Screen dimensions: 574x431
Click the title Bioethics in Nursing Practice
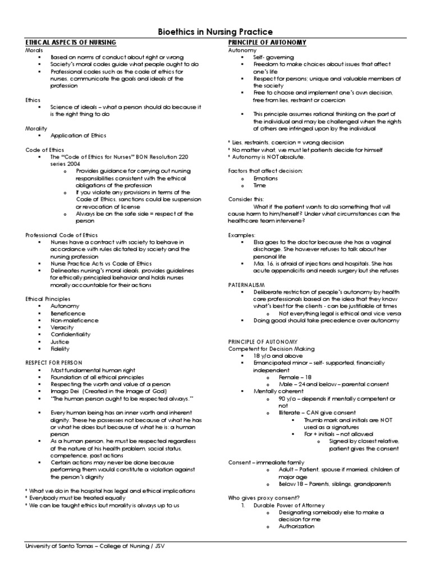click(x=215, y=32)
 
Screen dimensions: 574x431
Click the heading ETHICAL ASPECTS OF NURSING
click(x=71, y=43)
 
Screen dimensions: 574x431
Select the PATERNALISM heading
click(x=246, y=285)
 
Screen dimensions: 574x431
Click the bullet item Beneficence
click(x=68, y=314)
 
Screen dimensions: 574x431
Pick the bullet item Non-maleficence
click(x=74, y=321)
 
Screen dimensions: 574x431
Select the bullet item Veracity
click(x=63, y=327)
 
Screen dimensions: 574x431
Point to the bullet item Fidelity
click(x=61, y=349)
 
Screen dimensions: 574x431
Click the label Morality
click(x=36, y=128)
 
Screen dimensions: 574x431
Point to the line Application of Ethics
click(x=78, y=136)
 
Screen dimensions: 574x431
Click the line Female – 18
click(x=295, y=377)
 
